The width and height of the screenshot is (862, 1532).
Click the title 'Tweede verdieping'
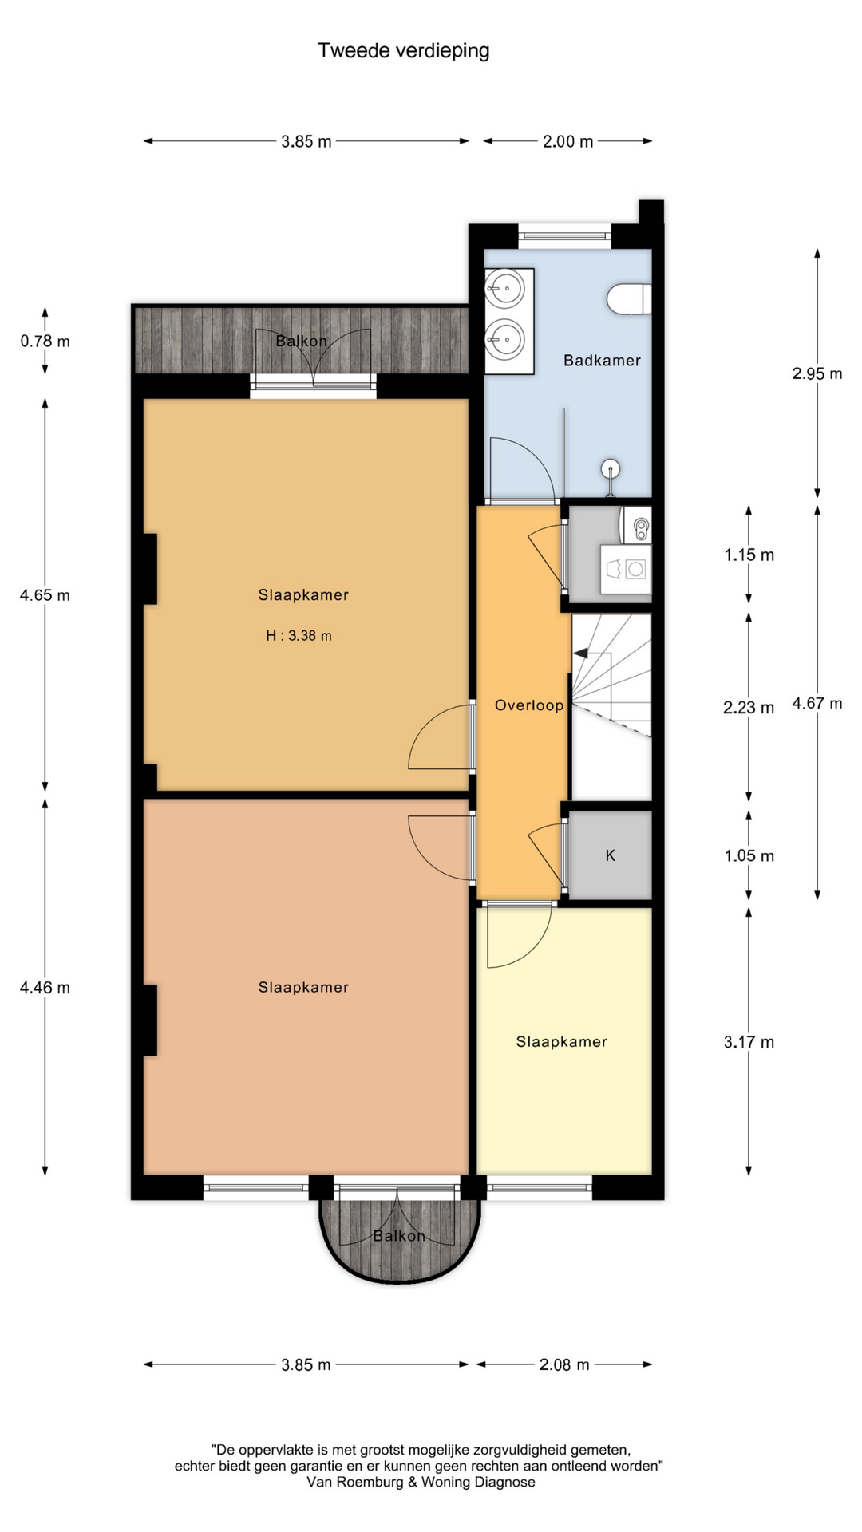coord(404,51)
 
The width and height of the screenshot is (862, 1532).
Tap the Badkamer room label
coord(602,361)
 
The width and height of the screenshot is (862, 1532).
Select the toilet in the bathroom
coord(629,298)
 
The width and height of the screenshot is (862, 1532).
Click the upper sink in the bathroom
coord(505,289)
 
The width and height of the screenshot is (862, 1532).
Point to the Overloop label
coord(529,705)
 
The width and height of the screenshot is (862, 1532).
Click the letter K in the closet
coord(611,855)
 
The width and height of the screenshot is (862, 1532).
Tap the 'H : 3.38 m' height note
coord(299,636)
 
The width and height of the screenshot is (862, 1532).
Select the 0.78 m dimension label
coord(45,342)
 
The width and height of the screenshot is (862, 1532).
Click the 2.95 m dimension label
coord(817,373)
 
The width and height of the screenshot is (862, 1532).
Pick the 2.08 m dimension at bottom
coord(564,1364)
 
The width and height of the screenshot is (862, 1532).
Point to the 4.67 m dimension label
coord(817,703)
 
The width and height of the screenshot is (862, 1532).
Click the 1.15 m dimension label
coord(749,555)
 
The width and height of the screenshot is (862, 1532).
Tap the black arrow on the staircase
coord(581,653)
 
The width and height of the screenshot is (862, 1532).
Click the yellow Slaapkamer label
coord(562,1042)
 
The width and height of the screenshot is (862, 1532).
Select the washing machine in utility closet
coord(627,569)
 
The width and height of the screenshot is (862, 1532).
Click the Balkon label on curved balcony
coord(399,1236)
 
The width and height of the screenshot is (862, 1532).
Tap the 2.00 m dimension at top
coord(568,141)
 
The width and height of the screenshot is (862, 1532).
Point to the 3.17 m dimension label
coord(749,1042)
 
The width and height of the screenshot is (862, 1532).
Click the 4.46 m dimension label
coord(45,988)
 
